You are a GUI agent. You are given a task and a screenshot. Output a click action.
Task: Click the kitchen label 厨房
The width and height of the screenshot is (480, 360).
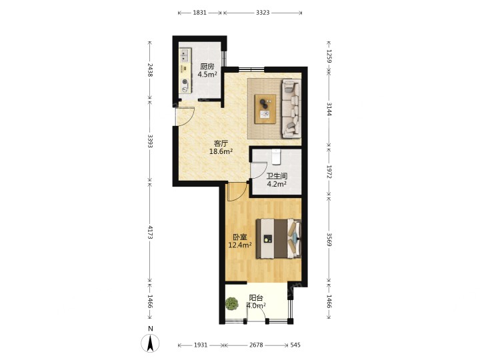(207, 67)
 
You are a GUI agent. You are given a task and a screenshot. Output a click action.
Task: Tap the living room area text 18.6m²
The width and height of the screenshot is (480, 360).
(221, 151)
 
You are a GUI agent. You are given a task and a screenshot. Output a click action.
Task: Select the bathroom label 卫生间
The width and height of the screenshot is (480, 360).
(277, 176)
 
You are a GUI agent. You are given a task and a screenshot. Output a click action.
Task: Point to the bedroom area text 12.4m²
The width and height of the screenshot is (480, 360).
(240, 245)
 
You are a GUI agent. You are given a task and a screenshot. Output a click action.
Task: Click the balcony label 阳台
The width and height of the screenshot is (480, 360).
(256, 298)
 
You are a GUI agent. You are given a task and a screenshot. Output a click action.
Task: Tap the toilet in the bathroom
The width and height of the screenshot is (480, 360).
(277, 157)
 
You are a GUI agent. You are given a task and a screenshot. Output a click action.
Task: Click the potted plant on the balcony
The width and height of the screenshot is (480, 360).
(232, 304)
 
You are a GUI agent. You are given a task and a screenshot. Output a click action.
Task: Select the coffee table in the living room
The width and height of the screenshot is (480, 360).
(265, 109)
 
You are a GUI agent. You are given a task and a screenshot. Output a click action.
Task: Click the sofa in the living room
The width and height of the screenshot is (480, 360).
(291, 109)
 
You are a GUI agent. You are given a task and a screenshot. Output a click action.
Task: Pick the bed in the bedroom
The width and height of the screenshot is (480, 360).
(279, 239)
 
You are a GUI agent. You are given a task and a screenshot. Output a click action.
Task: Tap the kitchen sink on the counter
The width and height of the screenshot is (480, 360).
(184, 56)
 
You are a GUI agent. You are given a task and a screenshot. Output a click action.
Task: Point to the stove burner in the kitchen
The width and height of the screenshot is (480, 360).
(185, 82)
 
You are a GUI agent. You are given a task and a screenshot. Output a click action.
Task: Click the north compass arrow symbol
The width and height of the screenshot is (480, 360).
(150, 343)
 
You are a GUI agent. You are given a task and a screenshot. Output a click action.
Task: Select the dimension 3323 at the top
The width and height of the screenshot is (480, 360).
(263, 13)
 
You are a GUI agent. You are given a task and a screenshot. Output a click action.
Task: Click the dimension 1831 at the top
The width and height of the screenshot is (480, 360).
(199, 13)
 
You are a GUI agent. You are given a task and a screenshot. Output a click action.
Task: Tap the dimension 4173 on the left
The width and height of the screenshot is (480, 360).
(150, 233)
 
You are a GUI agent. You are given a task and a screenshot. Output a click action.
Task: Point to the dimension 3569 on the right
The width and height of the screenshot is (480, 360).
(329, 239)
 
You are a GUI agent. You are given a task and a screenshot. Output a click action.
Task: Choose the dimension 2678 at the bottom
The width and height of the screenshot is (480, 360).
(256, 345)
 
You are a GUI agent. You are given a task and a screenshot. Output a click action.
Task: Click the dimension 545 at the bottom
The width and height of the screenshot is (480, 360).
(295, 345)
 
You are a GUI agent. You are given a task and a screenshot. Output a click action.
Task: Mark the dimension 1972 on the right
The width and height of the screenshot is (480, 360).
(329, 172)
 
